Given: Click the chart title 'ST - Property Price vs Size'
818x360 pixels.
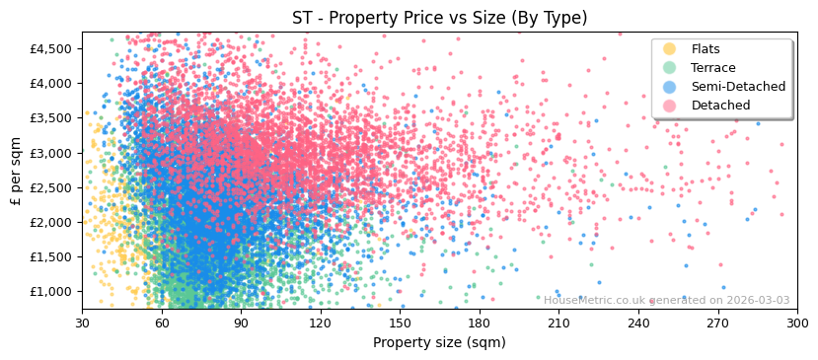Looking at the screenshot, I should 439,18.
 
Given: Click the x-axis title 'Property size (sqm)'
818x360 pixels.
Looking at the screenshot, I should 439,342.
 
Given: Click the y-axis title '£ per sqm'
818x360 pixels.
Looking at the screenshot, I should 16,171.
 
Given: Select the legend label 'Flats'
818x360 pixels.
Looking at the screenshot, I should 706,49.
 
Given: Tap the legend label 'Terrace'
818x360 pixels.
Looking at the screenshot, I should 712,68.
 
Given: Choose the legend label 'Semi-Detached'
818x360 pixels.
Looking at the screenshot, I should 738,87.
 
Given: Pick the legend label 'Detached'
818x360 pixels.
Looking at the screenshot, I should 720,106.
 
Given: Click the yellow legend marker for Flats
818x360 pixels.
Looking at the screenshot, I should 669,49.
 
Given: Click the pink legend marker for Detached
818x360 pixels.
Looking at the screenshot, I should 669,106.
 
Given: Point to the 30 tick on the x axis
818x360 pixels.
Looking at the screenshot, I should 82,323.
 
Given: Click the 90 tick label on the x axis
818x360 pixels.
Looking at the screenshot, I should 241,323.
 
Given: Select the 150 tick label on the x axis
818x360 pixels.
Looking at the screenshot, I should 400,323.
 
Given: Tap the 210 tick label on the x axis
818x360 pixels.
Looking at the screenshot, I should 558,323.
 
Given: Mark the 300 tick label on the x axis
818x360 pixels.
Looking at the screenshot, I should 796,323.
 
